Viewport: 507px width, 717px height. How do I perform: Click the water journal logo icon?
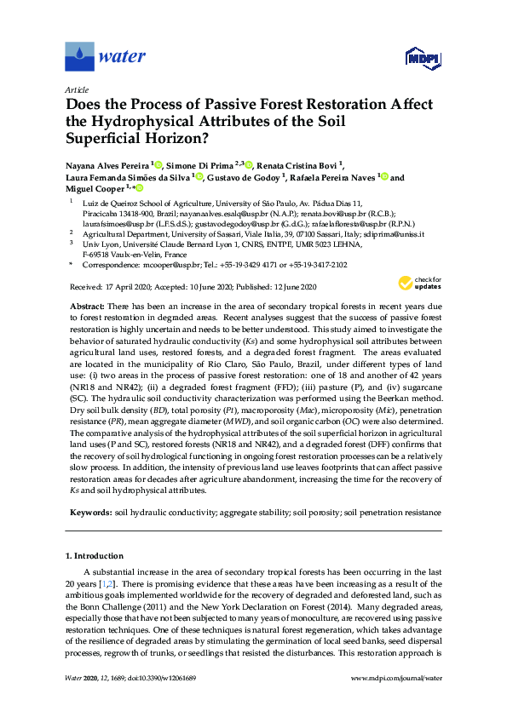coord(79,56)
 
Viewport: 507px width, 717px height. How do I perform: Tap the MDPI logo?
coord(415,58)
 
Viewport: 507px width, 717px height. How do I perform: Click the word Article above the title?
coord(76,89)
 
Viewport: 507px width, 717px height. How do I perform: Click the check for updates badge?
coord(417,284)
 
